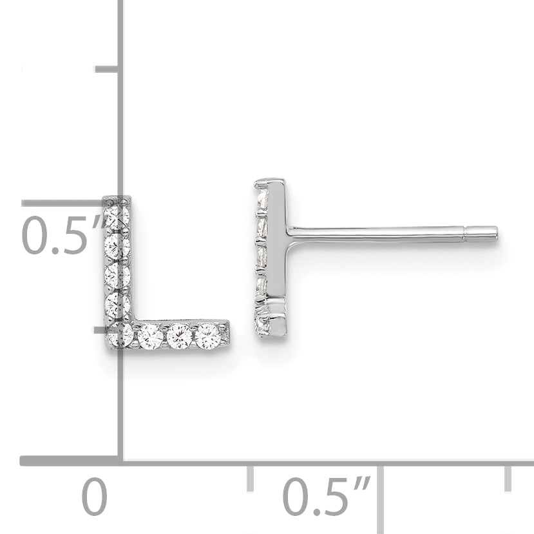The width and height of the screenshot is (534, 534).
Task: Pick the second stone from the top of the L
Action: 117,246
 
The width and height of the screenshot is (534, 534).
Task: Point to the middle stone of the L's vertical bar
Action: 117,274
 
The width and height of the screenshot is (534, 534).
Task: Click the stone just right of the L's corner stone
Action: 150,336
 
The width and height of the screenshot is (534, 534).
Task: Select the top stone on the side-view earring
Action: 262,199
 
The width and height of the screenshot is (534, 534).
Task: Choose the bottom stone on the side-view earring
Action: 263,324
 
